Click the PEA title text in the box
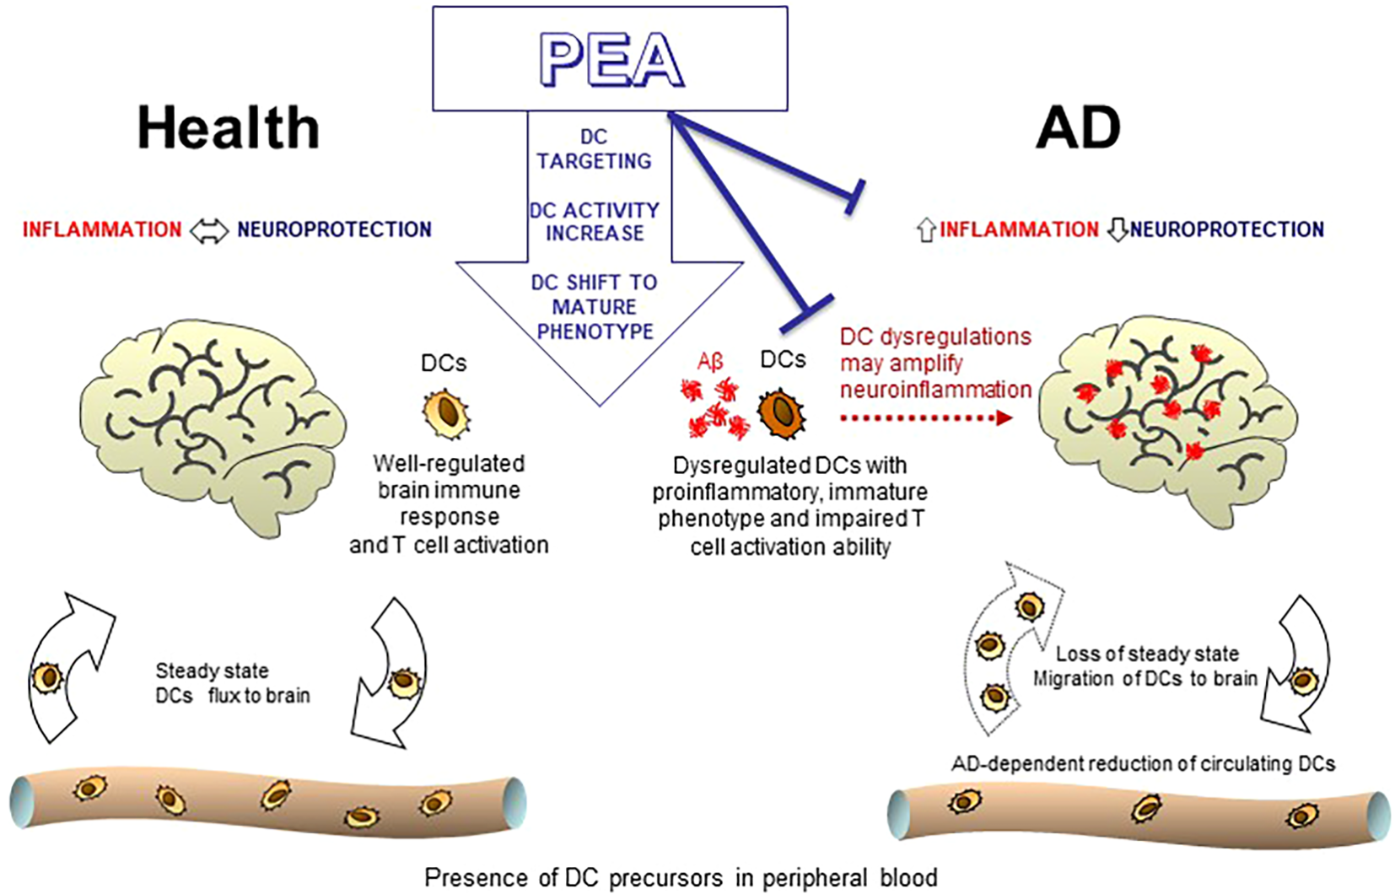[611, 61]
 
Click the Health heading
[229, 128]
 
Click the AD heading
[1078, 128]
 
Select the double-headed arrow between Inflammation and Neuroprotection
[208, 230]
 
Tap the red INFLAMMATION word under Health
[102, 229]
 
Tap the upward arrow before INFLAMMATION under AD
[925, 229]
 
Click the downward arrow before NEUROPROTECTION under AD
[1118, 229]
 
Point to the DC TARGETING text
[594, 149]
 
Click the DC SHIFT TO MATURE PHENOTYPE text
[595, 306]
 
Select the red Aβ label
[710, 362]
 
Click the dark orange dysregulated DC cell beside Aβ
[782, 413]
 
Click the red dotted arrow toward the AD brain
[925, 417]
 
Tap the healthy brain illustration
[211, 422]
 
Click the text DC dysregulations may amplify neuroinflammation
[934, 363]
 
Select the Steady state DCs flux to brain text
[232, 683]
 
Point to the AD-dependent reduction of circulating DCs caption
[1143, 764]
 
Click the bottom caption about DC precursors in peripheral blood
[680, 878]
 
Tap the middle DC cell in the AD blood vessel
[1145, 808]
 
